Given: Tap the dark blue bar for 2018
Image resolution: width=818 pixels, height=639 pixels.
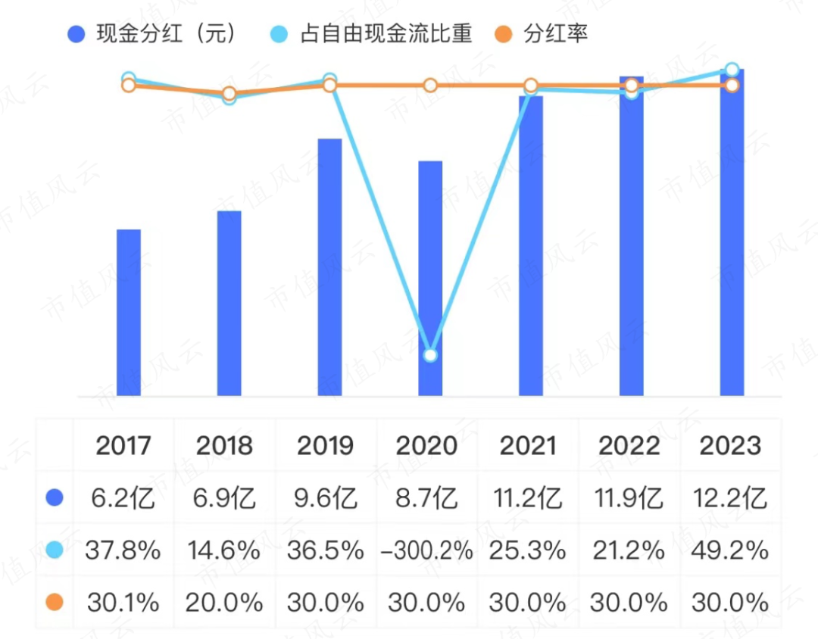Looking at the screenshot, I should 229,303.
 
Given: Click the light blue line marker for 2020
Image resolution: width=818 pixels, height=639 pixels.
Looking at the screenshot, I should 430,355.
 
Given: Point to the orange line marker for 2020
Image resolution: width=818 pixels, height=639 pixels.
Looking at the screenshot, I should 430,86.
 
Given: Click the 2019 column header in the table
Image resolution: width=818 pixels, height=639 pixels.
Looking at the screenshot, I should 325,445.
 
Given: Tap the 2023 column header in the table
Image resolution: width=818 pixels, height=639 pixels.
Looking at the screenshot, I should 730,445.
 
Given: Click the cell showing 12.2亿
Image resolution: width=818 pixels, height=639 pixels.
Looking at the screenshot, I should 730,498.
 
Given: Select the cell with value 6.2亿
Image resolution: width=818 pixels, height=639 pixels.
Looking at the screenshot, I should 123,498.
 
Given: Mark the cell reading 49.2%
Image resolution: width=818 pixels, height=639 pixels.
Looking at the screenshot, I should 730,550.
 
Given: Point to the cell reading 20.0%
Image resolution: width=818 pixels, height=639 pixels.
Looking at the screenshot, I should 224,603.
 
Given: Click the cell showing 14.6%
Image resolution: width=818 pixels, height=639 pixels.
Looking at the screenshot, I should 224,550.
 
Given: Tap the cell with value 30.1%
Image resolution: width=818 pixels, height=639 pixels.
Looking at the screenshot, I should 123,603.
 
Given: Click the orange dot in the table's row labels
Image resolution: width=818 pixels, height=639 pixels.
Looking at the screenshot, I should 54,603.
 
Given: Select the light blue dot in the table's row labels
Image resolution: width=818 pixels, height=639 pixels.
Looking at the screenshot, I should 54,550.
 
